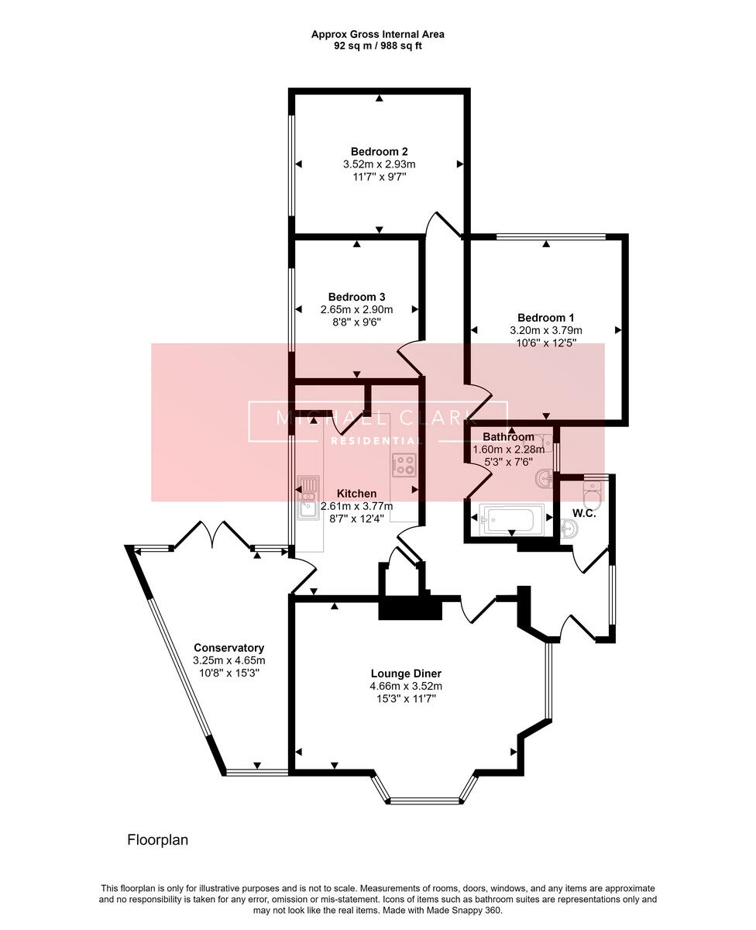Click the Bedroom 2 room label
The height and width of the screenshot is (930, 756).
coord(379,151)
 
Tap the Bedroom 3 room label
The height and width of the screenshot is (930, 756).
coord(356,297)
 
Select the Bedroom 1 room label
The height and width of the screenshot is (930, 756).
coord(545,317)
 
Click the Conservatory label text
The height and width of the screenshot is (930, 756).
coord(229,648)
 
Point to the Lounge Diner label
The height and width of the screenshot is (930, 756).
coord(406,673)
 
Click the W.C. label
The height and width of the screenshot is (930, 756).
coord(584,513)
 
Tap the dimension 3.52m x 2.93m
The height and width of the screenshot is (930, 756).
coord(379,164)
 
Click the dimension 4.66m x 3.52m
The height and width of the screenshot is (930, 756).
coord(406,686)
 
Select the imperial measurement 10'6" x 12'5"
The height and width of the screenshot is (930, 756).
coord(545,342)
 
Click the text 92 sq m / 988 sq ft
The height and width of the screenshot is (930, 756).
coord(378,46)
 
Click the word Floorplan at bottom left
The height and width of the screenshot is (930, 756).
coord(157,839)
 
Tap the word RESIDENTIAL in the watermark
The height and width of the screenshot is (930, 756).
coord(377,441)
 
